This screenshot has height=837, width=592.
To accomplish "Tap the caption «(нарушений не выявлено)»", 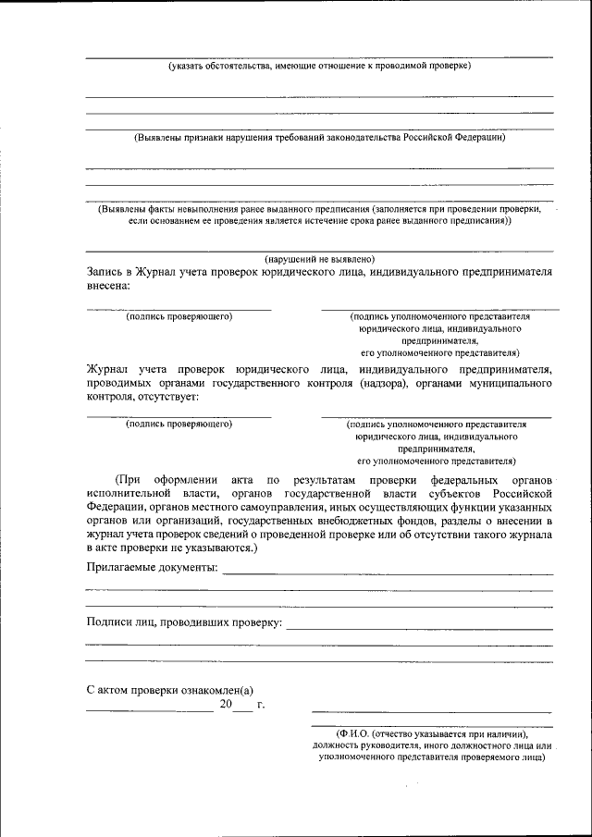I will coord(319,259).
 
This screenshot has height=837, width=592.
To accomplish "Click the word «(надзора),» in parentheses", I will coord(382,383).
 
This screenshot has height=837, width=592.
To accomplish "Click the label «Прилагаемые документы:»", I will coord(152,567).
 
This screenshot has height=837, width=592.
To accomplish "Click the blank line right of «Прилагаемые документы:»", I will coord(388,572).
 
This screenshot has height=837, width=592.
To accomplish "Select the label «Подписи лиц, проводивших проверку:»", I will coord(184,622).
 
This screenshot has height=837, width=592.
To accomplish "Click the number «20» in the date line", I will coord(227,705).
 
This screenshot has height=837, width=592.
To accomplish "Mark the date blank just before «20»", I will coord(149,708).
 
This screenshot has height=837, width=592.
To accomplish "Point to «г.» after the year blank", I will coord(262,705).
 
